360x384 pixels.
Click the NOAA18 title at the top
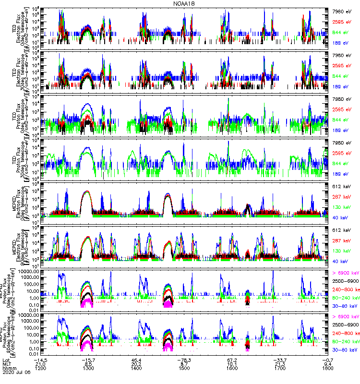(184, 3)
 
